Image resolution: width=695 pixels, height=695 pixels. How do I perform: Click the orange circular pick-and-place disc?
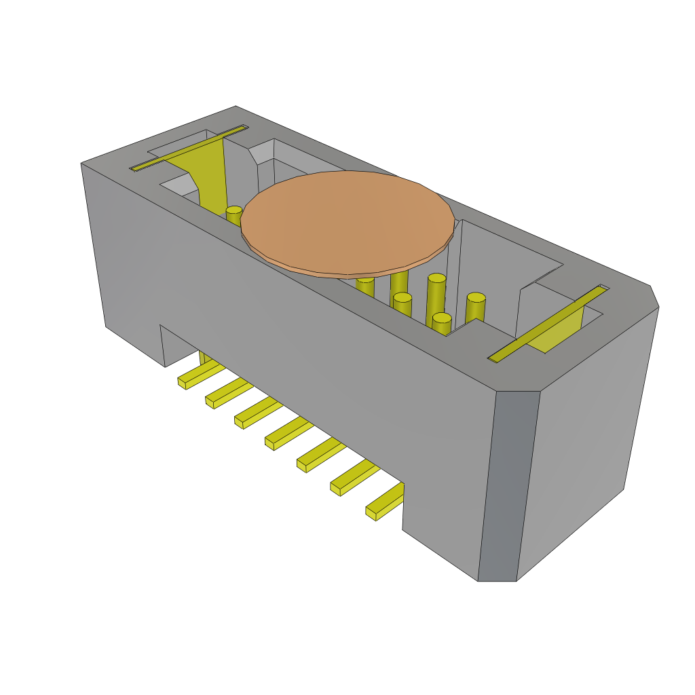[347, 223]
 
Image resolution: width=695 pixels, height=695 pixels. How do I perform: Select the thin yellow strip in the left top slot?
[189, 147]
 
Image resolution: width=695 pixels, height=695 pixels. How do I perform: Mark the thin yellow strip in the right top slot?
[547, 323]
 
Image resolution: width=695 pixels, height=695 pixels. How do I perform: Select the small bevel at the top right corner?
[654, 296]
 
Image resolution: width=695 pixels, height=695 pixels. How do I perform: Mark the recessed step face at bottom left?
[163, 346]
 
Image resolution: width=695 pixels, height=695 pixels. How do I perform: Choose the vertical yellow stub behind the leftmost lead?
[203, 357]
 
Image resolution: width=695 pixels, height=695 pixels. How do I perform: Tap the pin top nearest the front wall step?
[442, 318]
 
